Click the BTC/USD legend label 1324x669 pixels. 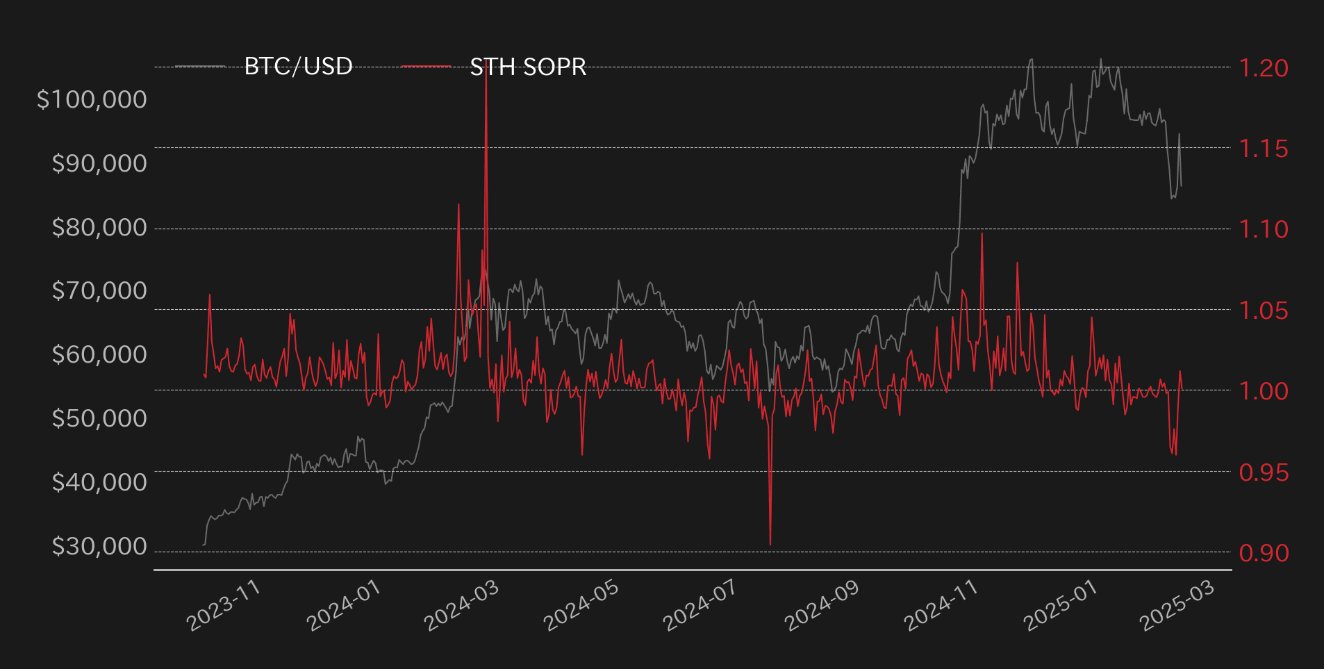point(299,67)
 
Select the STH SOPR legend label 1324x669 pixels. point(528,67)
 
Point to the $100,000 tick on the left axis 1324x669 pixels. point(92,99)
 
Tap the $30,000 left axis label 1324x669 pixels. point(99,547)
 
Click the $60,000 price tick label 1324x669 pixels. point(99,354)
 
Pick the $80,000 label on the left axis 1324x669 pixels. point(99,227)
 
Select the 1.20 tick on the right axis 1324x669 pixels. point(1264,68)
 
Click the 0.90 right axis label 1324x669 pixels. point(1264,553)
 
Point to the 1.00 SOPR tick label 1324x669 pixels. point(1264,391)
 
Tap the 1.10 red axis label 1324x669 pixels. point(1264,229)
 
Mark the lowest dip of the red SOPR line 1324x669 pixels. point(770,545)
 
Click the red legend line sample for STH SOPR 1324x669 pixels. point(426,67)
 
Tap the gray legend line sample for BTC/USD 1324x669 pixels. point(200,67)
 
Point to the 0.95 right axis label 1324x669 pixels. point(1264,472)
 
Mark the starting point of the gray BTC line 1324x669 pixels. point(204,545)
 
